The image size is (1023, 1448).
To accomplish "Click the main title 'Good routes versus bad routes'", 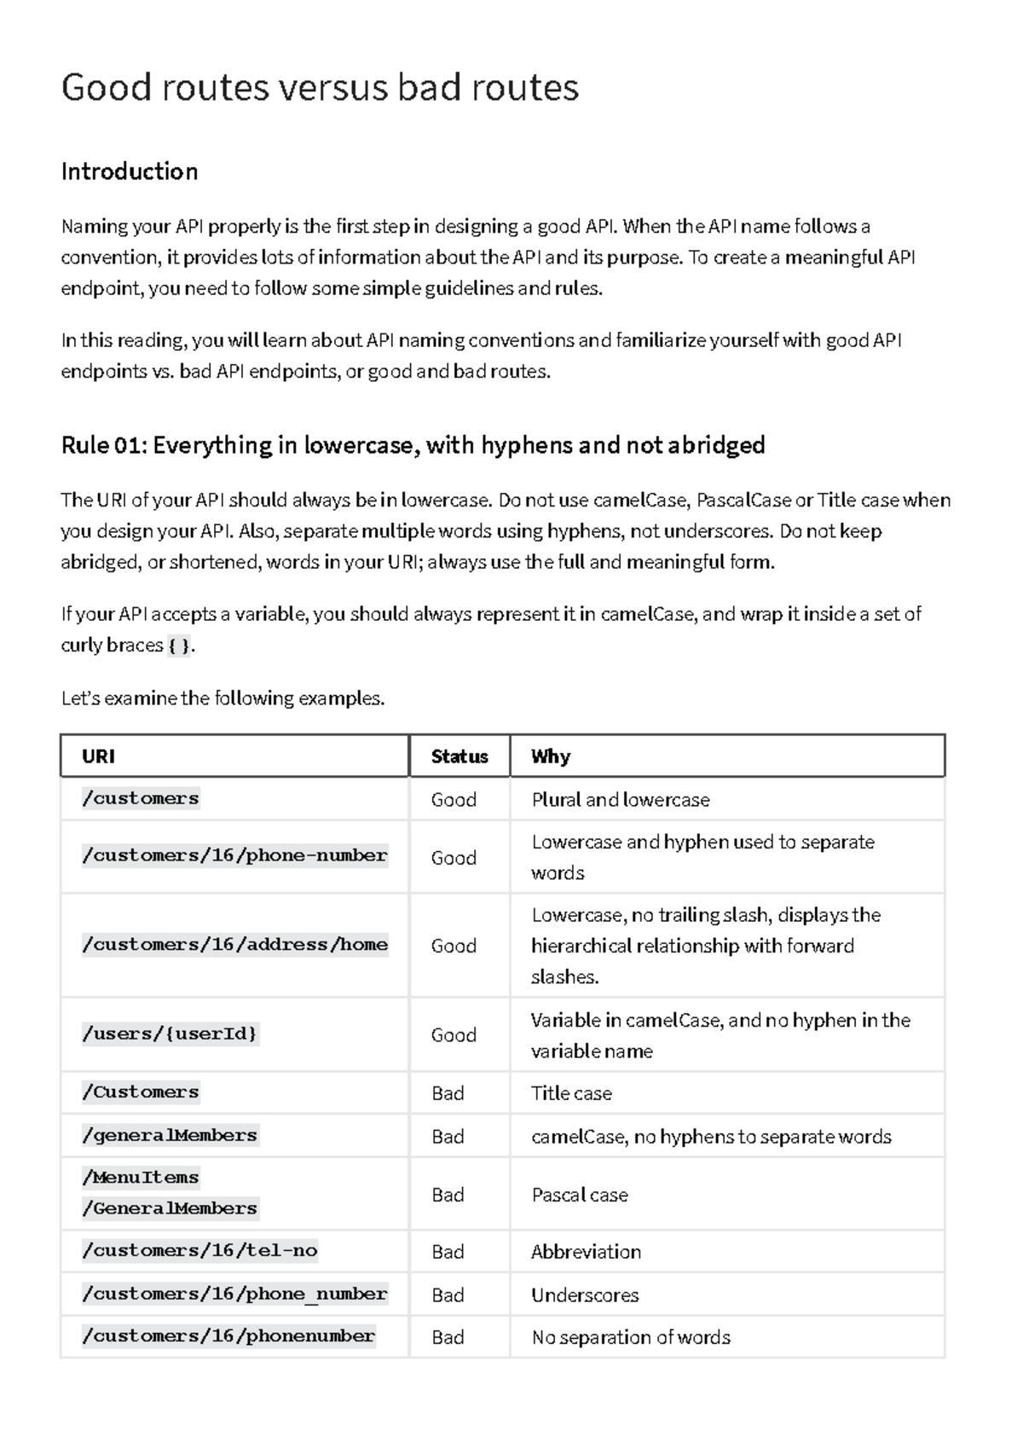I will [320, 88].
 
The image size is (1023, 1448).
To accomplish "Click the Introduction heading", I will [130, 171].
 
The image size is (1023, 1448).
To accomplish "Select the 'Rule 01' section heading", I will [413, 445].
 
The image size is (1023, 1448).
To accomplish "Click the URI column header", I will [99, 756].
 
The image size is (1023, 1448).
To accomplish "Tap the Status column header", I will [459, 756].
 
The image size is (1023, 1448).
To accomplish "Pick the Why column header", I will [551, 756].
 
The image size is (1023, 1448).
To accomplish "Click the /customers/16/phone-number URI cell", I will [234, 856].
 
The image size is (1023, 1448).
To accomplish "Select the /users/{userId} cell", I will [170, 1034].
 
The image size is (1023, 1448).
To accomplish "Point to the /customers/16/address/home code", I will [234, 945].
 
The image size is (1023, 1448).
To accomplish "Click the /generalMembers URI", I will [170, 1136].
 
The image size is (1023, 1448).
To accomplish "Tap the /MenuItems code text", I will [141, 1178].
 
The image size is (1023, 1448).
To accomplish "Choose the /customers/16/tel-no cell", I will [199, 1251].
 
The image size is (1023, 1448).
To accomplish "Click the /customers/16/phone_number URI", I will [234, 1295].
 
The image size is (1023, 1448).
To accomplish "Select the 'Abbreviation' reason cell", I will [586, 1252].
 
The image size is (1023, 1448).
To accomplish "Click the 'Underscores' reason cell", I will [585, 1295].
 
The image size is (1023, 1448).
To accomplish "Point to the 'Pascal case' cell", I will [580, 1195].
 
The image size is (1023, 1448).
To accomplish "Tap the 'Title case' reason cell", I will [571, 1093].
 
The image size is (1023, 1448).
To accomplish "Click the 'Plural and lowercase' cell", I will [620, 800].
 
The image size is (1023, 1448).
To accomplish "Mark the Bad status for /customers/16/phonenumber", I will [448, 1337].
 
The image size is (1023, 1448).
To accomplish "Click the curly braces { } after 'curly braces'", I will [180, 646].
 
